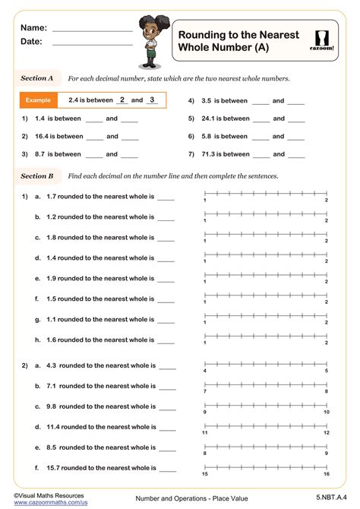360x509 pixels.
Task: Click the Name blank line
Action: click(92, 28)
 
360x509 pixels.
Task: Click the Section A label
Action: click(37, 77)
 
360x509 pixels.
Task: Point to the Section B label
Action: click(37, 175)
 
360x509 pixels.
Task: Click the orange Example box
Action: click(38, 100)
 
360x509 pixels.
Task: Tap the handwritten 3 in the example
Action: click(152, 100)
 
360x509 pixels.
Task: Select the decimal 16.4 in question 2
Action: click(42, 137)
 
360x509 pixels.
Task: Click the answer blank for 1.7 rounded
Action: click(166, 197)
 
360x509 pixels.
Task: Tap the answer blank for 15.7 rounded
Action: click(166, 469)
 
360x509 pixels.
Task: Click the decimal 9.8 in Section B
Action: click(52, 406)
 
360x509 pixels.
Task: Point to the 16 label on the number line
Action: click(326, 474)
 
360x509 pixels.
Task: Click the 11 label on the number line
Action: click(204, 432)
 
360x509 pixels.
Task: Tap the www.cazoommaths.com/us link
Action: click(45, 503)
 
